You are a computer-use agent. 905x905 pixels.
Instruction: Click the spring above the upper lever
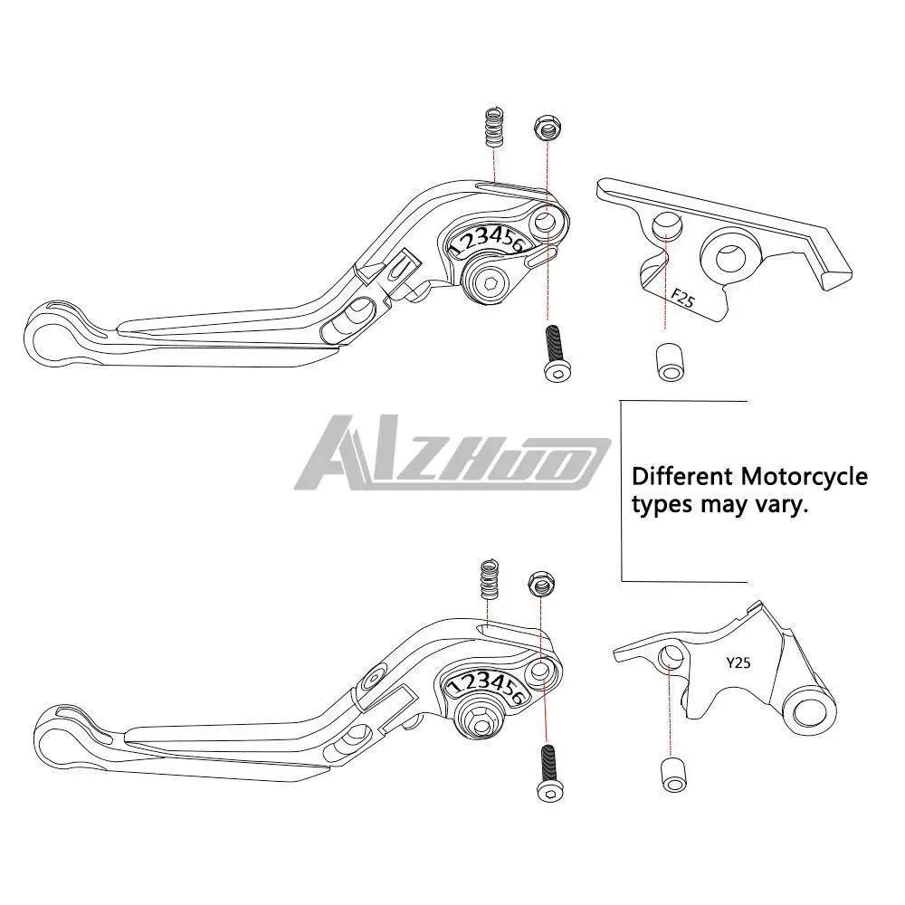coord(493,129)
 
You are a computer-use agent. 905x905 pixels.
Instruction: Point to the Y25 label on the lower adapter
coord(738,662)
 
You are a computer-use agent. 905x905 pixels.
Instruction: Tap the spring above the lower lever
coord(488,578)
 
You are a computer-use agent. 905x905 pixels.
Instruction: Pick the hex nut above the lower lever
coord(543,584)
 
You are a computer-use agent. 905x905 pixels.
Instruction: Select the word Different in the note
coord(682,476)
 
